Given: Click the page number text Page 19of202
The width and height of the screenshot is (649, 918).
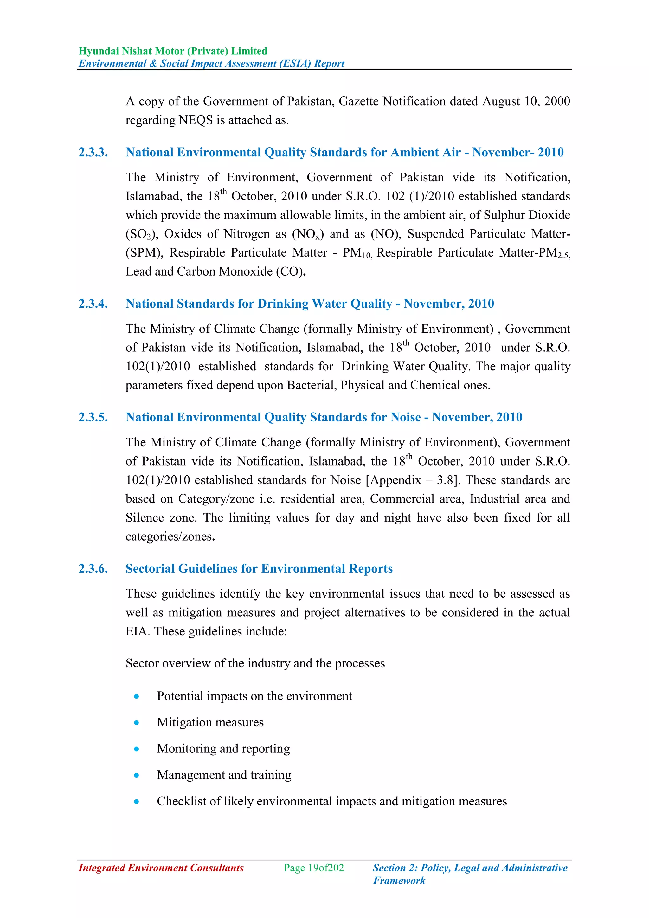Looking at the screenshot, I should (314, 868).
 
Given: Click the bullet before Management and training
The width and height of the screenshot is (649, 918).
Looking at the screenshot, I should (137, 775).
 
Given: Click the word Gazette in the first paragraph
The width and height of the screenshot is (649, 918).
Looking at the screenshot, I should (358, 101).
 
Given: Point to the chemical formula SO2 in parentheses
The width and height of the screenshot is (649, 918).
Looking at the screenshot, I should (139, 234).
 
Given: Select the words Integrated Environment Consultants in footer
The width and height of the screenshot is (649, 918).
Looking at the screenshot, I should (161, 868).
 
